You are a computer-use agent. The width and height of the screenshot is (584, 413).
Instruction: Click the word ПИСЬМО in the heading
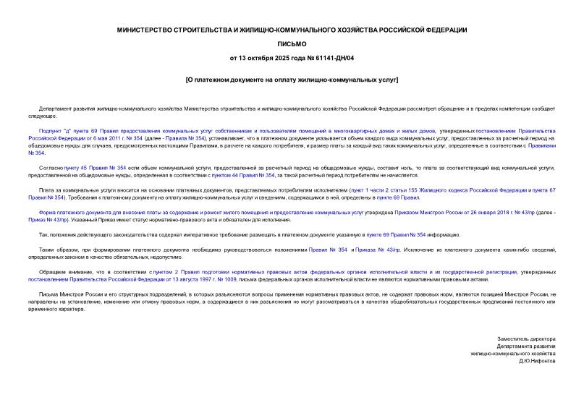tap(291, 43)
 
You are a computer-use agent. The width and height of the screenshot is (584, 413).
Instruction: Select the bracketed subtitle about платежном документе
tap(291, 79)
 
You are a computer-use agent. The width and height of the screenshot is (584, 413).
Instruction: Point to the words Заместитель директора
tap(526, 339)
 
